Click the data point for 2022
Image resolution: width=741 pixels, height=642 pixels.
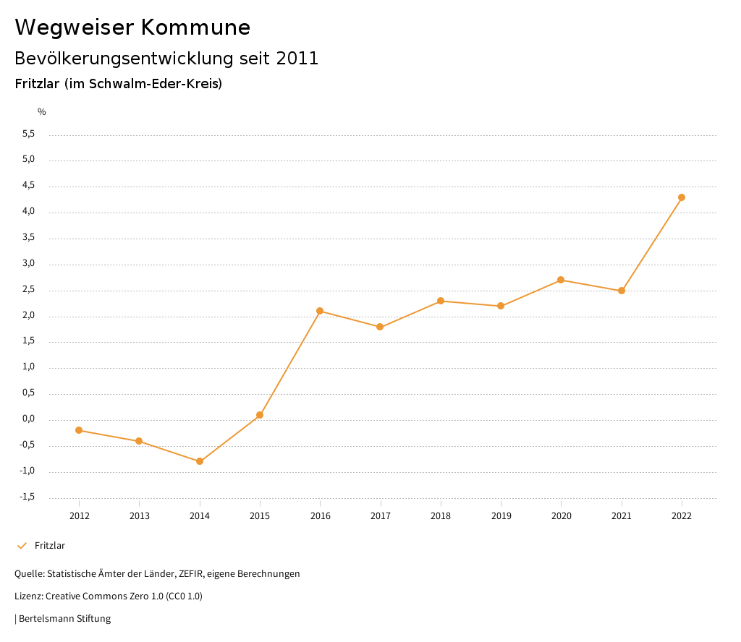(x=682, y=197)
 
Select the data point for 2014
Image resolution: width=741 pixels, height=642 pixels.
(x=200, y=461)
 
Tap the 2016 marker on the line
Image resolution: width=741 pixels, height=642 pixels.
(x=320, y=311)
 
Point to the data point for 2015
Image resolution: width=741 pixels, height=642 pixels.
(x=260, y=415)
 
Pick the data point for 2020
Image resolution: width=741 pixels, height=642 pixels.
(x=561, y=280)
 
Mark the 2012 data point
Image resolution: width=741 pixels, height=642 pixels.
(x=79, y=430)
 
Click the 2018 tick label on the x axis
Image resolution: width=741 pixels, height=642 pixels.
(x=441, y=515)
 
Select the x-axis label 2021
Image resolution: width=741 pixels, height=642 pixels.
(x=622, y=515)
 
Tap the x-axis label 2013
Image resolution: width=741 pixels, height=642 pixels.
(x=140, y=515)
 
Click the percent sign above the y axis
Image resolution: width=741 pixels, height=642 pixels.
(x=42, y=112)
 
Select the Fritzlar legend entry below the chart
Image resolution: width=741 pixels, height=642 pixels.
(x=49, y=546)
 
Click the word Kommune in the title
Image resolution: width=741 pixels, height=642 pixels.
(x=195, y=27)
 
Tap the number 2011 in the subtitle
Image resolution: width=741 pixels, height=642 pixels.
(x=297, y=59)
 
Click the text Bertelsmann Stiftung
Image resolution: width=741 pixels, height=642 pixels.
(x=64, y=619)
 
